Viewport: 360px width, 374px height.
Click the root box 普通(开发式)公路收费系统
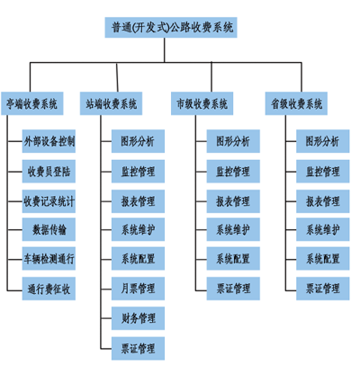pyautogui.click(x=171, y=27)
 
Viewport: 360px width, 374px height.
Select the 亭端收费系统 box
pyautogui.click(x=32, y=103)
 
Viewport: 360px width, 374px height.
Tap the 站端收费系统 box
pyautogui.click(x=111, y=103)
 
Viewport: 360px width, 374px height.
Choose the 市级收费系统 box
pyautogui.click(x=202, y=103)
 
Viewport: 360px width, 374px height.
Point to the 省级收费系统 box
pyautogui.click(x=296, y=103)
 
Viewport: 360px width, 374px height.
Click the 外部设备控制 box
pyautogui.click(x=49, y=141)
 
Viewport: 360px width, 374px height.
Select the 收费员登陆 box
pyautogui.click(x=49, y=172)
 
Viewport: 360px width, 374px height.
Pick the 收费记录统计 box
pyautogui.click(x=49, y=201)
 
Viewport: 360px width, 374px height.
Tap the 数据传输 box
pyautogui.click(x=49, y=229)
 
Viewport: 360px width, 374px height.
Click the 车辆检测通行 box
pyautogui.click(x=49, y=259)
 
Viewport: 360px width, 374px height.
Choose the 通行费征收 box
pyautogui.click(x=49, y=289)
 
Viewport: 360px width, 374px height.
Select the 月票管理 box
pyautogui.click(x=138, y=289)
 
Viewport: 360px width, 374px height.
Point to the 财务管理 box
pyautogui.click(x=138, y=318)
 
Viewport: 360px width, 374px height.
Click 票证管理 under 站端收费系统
pyautogui.click(x=138, y=349)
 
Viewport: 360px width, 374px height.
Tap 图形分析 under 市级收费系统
pyautogui.click(x=233, y=141)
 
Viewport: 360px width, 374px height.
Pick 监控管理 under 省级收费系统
pyautogui.click(x=323, y=172)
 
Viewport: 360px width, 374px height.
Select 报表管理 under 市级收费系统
pyautogui.click(x=233, y=201)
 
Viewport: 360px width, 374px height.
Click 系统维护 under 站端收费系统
pyautogui.click(x=138, y=229)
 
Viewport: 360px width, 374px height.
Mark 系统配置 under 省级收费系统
pyautogui.click(x=323, y=259)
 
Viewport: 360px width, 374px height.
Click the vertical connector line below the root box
pyautogui.click(x=165, y=50)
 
